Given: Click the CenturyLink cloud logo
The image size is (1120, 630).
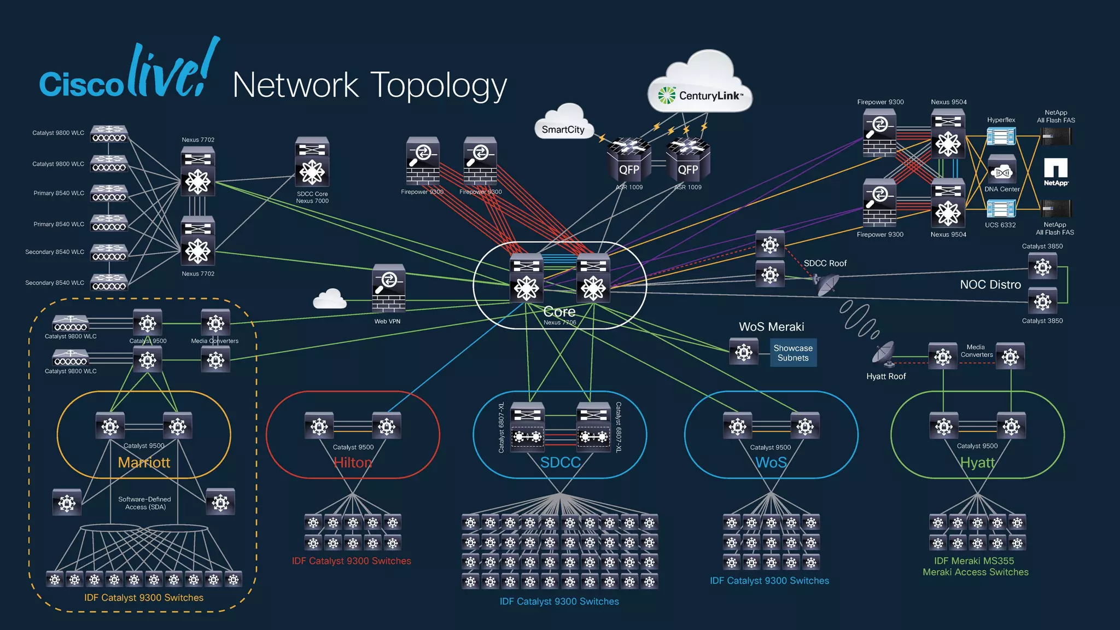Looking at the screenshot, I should pos(700,96).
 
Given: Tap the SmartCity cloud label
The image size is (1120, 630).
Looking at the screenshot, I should pos(563,130).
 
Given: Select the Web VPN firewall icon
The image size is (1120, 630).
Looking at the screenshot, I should pos(388,288).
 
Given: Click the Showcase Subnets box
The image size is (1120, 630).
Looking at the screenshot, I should pos(793,353).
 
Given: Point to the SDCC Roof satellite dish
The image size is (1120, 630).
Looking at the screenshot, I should pos(826,283).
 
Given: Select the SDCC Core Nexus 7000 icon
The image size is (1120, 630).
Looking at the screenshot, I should pos(312,162).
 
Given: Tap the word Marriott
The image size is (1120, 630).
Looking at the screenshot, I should pos(144,463).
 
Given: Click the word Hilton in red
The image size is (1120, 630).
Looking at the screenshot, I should pos(353,463).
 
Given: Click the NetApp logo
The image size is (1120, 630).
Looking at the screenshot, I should pos(1055,172).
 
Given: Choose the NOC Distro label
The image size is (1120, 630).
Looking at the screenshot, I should pos(990,284).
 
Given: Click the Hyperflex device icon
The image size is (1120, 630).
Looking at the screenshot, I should pos(1001,136).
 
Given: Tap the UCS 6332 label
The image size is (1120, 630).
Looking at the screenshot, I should pos(1000,225).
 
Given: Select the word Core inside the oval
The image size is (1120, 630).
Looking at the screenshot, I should pos(559,312).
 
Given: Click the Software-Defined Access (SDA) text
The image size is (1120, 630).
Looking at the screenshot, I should pos(144,503).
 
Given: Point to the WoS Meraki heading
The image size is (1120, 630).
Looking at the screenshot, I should pos(771,326).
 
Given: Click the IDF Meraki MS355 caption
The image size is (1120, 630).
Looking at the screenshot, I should pos(974,561).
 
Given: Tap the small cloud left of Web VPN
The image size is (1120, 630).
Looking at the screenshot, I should pos(330,299).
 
